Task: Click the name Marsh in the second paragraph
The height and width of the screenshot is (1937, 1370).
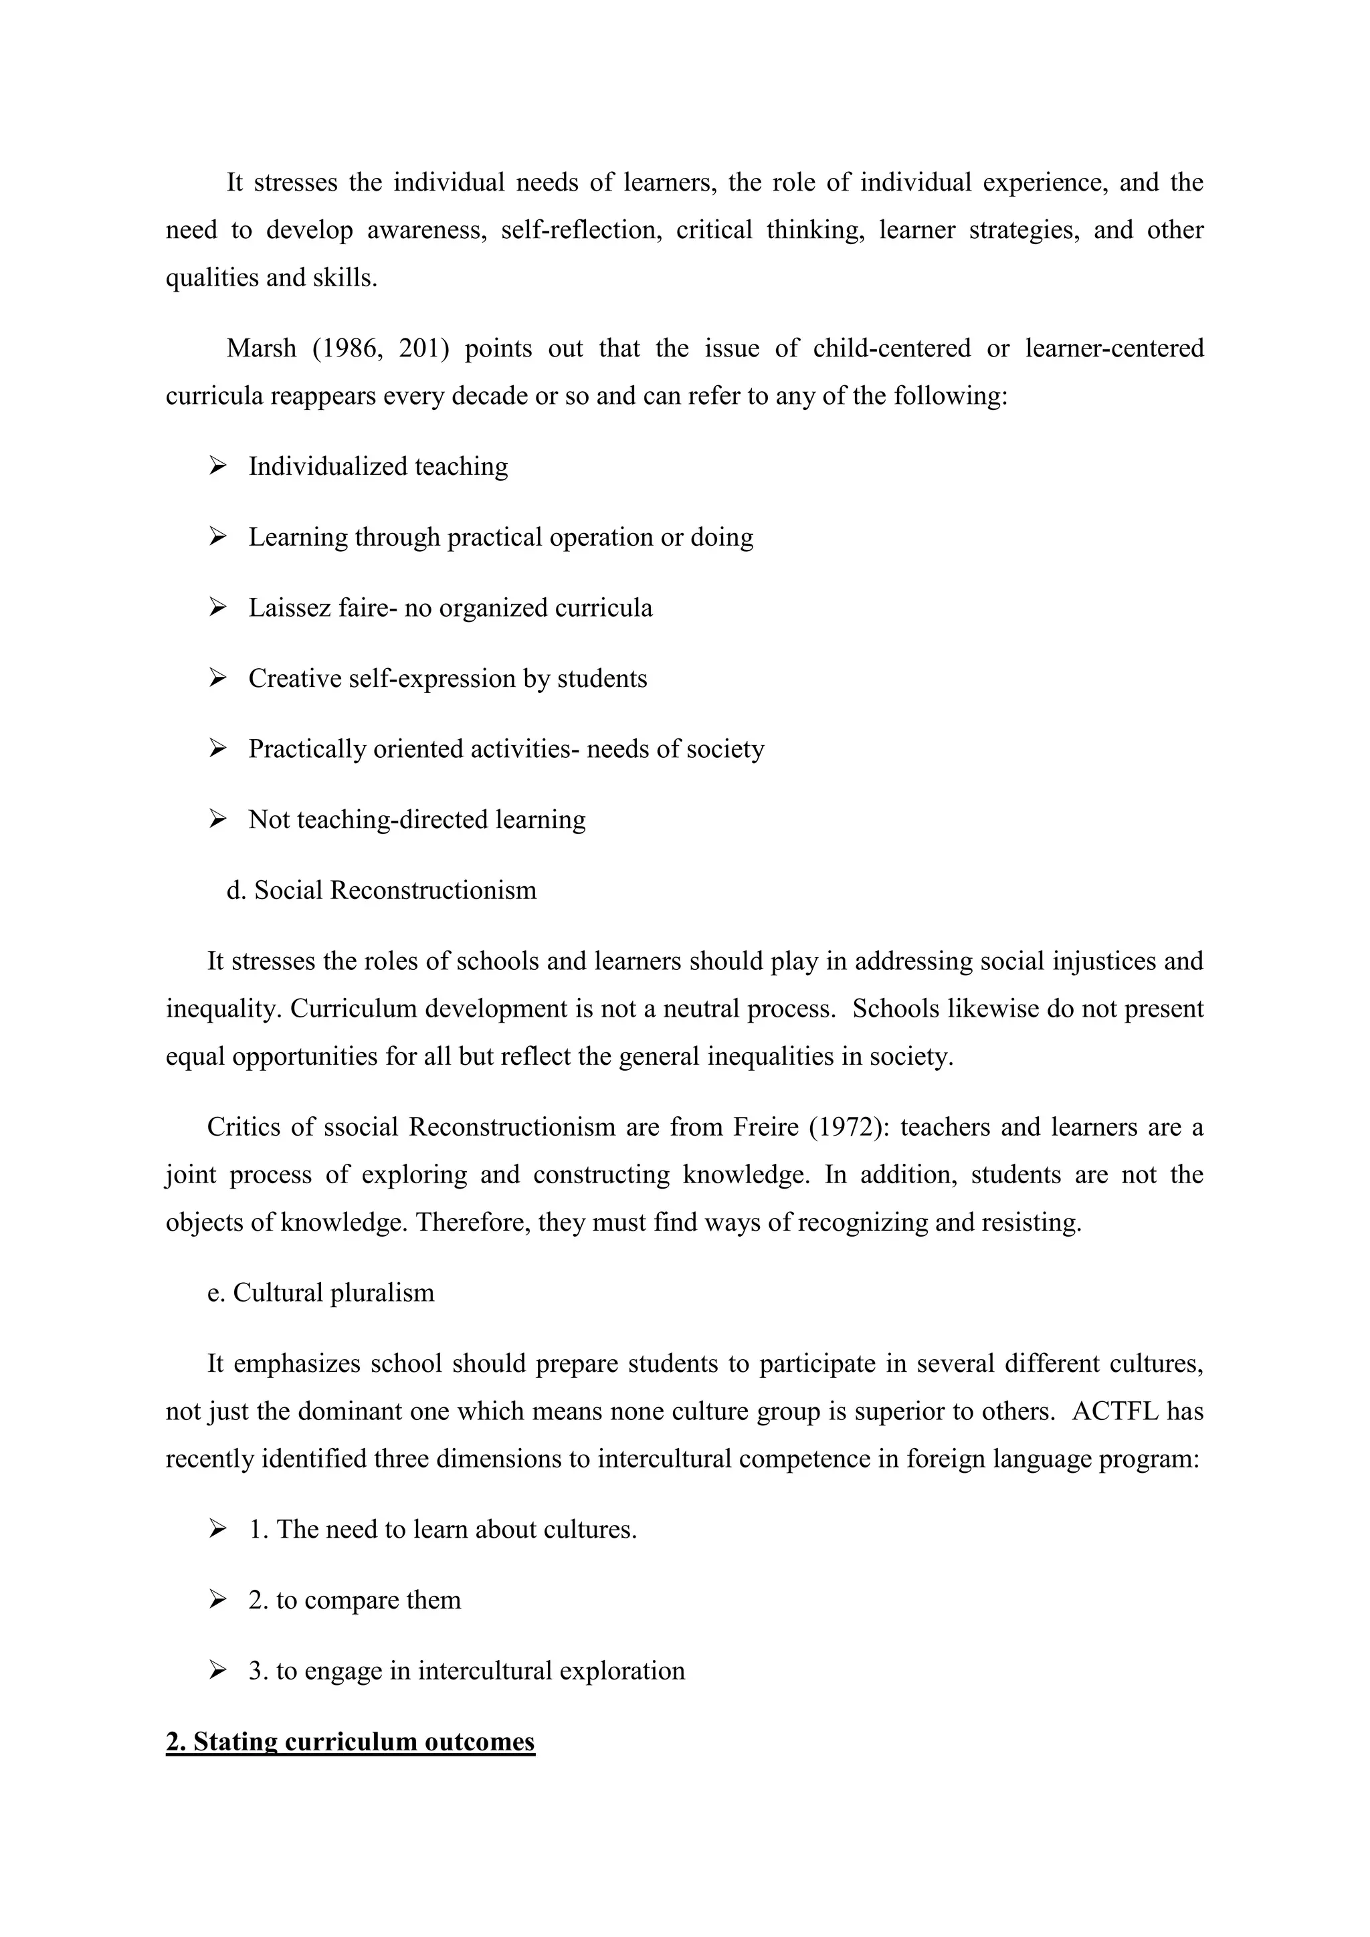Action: pos(261,348)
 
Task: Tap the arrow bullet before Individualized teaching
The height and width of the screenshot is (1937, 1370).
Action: pos(217,466)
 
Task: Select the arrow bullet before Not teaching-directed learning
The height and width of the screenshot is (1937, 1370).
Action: pos(217,819)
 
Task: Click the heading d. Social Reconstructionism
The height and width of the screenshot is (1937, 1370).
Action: pos(381,890)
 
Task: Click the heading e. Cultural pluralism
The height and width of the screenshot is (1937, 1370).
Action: pos(320,1292)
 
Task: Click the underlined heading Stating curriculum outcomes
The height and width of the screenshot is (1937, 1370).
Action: pos(350,1742)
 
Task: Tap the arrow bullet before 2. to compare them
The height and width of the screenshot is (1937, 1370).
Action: pos(217,1601)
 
